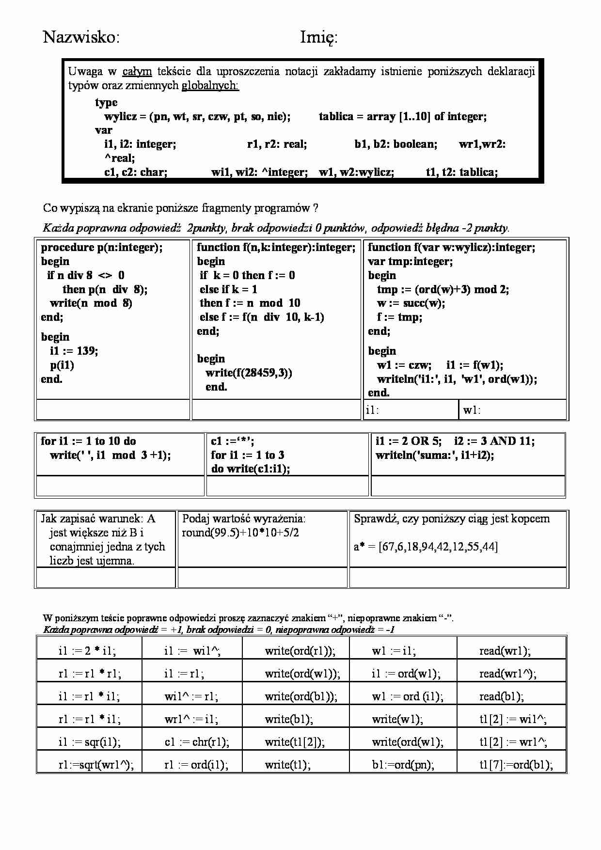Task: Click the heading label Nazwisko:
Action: pyautogui.click(x=81, y=37)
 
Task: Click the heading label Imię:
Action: pyautogui.click(x=318, y=37)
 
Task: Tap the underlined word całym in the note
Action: pyautogui.click(x=137, y=72)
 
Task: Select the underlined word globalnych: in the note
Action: pyautogui.click(x=210, y=86)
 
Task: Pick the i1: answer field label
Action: pyautogui.click(x=372, y=410)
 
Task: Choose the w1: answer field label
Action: pyautogui.click(x=472, y=410)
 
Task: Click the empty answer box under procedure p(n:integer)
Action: pyautogui.click(x=112, y=409)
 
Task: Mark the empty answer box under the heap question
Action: pyautogui.click(x=458, y=578)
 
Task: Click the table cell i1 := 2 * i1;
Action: pyautogui.click(x=87, y=651)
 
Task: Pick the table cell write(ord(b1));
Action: pyautogui.click(x=300, y=696)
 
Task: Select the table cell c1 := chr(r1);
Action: pyautogui.click(x=197, y=742)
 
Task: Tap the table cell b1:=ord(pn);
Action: pyautogui.click(x=403, y=765)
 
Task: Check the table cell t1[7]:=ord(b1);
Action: pyautogui.click(x=516, y=765)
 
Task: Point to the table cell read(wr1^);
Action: pyautogui.click(x=507, y=674)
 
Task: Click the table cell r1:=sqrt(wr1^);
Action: pyautogui.click(x=96, y=765)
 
